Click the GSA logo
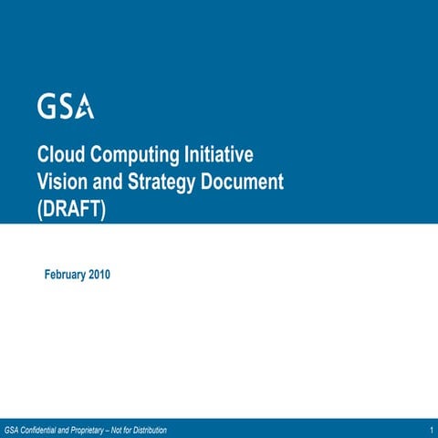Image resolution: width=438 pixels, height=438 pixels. [66, 107]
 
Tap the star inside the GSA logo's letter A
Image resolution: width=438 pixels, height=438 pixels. [85, 109]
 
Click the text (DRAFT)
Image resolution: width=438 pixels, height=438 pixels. [72, 209]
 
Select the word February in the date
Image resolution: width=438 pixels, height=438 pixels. [66, 275]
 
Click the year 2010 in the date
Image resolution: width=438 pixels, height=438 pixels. [99, 275]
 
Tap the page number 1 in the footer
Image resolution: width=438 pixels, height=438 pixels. [429, 429]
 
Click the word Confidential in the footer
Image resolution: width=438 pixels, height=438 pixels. [45, 429]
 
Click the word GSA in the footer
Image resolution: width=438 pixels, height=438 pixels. [13, 429]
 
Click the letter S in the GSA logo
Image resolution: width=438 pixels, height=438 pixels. [66, 107]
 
